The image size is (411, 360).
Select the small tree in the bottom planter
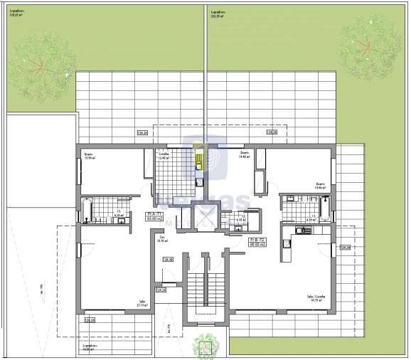click(x=205, y=345)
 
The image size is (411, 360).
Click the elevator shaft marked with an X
click(x=205, y=215)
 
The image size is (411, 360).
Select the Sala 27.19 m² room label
click(x=142, y=303)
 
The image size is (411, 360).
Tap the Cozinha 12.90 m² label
click(x=164, y=157)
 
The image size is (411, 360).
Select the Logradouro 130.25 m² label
click(x=17, y=14)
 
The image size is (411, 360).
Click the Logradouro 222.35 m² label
click(x=217, y=14)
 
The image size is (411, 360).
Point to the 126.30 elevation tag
click(x=169, y=260)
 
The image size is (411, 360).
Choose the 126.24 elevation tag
click(x=161, y=290)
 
